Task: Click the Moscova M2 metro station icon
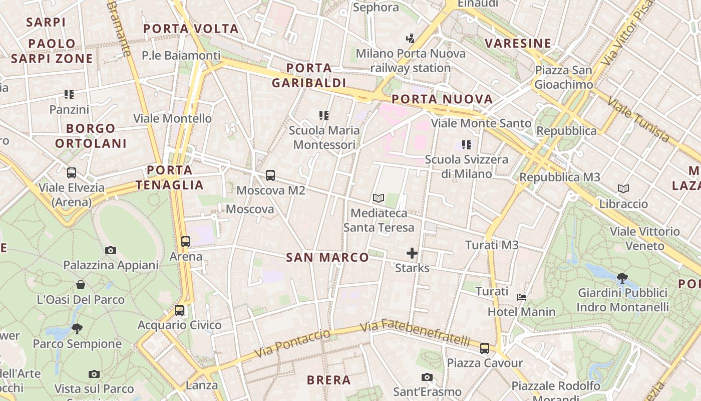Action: (270, 175)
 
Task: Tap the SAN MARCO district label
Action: (327, 258)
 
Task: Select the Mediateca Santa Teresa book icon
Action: (379, 198)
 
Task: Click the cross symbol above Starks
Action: (412, 253)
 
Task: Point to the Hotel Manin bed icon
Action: (522, 297)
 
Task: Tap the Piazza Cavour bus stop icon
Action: (484, 348)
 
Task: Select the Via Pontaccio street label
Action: (292, 343)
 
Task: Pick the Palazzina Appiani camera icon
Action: (111, 250)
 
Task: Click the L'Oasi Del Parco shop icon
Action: (81, 285)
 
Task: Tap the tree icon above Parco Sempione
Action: (77, 329)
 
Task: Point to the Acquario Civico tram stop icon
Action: (179, 310)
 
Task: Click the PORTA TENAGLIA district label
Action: (170, 177)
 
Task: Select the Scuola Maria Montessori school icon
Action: (324, 116)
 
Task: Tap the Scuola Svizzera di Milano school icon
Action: (467, 145)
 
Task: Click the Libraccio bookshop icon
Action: (623, 189)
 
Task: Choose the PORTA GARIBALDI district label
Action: (309, 75)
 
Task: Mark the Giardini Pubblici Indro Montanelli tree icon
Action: (622, 277)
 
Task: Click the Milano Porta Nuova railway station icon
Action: (411, 38)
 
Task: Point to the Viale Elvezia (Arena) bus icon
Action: (72, 173)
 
